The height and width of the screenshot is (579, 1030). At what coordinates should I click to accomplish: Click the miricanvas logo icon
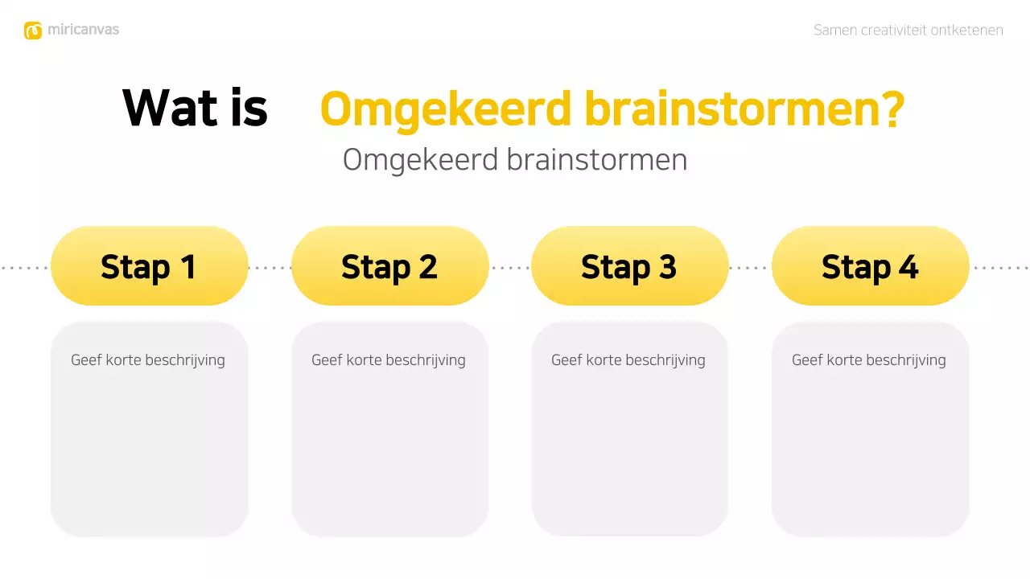click(33, 31)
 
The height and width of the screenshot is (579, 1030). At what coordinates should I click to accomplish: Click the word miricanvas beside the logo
click(83, 30)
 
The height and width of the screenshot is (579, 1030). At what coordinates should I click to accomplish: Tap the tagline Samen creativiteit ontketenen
click(908, 31)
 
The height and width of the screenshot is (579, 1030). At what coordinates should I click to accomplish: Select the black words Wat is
click(195, 108)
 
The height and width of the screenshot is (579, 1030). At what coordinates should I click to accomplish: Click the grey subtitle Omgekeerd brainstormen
click(515, 159)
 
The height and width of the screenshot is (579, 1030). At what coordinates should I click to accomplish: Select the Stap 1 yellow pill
click(149, 266)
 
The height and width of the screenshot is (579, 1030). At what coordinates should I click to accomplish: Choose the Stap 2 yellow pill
click(389, 266)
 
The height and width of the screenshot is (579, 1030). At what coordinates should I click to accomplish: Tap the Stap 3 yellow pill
click(629, 266)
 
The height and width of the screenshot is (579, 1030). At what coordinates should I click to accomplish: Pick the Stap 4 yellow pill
click(870, 266)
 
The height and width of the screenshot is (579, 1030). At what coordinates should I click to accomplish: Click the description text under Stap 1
click(148, 360)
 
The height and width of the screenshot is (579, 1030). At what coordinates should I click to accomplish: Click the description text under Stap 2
click(389, 360)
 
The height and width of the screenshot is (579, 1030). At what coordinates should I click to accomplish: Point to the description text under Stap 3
click(628, 360)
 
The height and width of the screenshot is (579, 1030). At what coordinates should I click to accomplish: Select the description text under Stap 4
click(869, 360)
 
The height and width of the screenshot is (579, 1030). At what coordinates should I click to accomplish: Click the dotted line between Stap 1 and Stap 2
click(270, 268)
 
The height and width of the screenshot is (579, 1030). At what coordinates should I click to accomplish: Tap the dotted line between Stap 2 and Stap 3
click(510, 268)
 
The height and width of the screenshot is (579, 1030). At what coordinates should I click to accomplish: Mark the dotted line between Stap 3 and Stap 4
click(750, 268)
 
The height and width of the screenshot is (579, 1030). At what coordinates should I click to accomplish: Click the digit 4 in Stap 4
click(908, 267)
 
